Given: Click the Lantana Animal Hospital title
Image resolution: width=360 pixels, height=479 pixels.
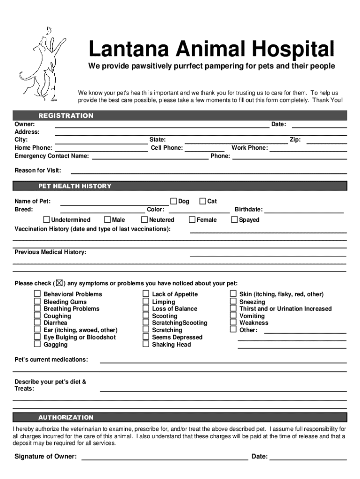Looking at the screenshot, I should tap(211, 49).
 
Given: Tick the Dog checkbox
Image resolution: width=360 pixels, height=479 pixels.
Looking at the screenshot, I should tap(173, 201).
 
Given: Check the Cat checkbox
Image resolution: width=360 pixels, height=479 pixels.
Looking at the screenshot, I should tap(202, 201).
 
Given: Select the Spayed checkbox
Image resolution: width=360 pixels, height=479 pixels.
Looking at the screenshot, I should tap(235, 219).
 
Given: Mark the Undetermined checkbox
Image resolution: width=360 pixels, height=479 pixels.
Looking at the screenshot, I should tap(47, 219).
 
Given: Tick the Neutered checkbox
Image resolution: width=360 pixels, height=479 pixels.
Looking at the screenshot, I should tap(144, 219).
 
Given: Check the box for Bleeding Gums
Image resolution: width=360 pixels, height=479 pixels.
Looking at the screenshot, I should tap(37, 302).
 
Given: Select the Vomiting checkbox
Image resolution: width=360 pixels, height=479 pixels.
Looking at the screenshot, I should tap(233, 316).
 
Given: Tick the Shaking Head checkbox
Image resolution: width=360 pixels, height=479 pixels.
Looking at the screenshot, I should tap(146, 344).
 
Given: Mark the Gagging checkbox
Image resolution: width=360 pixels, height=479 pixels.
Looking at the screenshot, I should tap(37, 344).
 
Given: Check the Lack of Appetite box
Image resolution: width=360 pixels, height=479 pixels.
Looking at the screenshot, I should tap(146, 294).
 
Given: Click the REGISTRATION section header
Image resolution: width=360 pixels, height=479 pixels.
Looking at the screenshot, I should tap(66, 116).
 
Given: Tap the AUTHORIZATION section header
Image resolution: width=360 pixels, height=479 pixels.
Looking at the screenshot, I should tap(66, 417).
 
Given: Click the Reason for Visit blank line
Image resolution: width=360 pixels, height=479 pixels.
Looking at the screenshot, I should tap(206, 173).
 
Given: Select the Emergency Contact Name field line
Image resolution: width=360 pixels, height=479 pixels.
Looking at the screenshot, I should tap(150, 159).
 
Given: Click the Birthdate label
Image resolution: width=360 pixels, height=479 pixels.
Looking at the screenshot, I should tap(248, 210).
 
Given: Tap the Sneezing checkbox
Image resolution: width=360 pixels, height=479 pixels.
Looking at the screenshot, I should tap(233, 302).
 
